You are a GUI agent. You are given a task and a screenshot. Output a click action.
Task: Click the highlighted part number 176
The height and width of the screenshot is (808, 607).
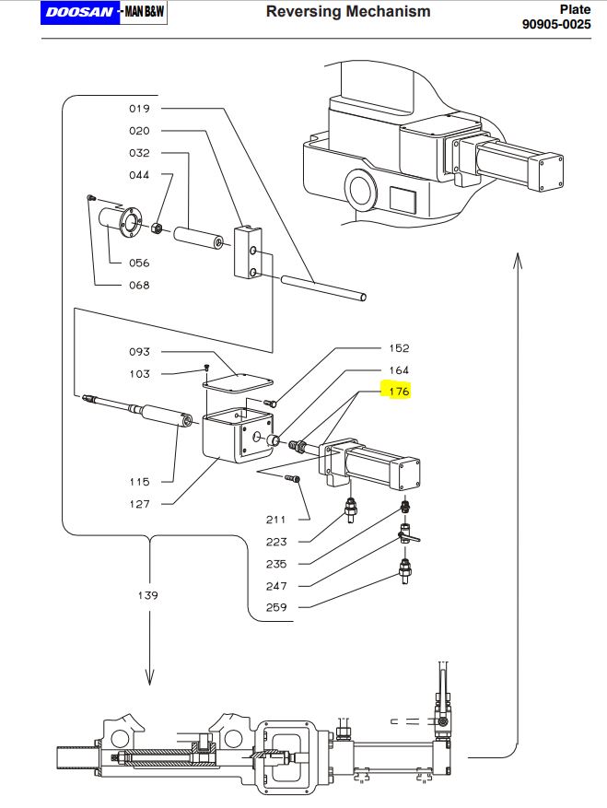[x=399, y=392]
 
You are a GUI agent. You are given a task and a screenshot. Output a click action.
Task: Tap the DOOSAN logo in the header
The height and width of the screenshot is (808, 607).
[x=80, y=12]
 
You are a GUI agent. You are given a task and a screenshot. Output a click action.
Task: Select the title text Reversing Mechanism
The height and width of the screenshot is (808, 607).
[x=348, y=11]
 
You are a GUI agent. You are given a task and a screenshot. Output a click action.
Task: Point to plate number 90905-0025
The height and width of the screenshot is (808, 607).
[x=556, y=24]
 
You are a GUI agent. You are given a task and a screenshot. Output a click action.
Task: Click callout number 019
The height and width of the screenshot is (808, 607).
[x=139, y=109]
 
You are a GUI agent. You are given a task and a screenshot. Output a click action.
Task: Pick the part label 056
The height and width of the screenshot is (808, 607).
[x=139, y=263]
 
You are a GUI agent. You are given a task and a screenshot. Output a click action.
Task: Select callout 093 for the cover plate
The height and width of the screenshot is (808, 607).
[x=139, y=352]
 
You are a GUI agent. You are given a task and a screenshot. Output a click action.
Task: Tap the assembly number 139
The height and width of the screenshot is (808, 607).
[x=148, y=595]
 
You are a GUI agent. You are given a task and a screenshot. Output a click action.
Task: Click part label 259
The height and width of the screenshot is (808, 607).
[x=276, y=607]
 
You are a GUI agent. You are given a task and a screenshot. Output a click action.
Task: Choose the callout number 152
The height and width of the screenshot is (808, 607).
[x=399, y=348]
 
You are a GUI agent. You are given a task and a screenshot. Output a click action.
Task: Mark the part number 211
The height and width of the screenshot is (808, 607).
[x=276, y=520]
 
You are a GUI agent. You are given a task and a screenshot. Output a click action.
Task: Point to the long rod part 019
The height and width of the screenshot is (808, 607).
[x=323, y=287]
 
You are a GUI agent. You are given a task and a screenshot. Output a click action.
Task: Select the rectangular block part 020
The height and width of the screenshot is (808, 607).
[x=249, y=252]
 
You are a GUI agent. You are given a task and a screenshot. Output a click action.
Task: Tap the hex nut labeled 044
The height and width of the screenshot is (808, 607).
[x=158, y=228]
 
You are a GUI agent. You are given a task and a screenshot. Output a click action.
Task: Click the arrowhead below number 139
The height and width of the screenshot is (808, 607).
[x=149, y=677]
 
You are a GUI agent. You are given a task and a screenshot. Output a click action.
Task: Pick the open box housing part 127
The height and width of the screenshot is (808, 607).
[x=238, y=436]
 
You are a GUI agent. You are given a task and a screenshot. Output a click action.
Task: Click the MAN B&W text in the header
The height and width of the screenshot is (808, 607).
[x=145, y=12]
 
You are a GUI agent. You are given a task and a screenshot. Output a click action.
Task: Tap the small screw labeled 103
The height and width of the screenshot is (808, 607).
[x=206, y=368]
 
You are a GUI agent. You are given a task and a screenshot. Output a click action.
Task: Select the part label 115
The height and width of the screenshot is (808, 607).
[x=139, y=482]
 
